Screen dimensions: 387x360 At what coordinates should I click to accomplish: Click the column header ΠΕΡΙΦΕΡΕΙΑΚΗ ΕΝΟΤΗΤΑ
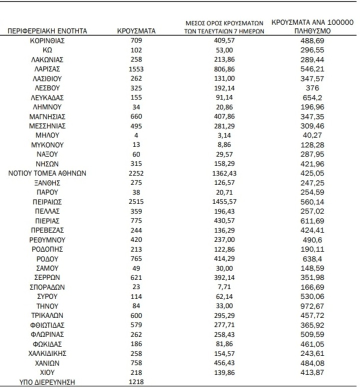tap(47, 31)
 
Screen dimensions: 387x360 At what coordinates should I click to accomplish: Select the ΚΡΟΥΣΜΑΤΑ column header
tap(136, 31)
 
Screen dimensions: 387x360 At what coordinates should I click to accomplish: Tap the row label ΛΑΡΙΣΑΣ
tap(47, 69)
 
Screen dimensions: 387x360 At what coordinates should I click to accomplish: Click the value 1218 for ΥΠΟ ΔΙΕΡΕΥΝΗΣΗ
tap(136, 382)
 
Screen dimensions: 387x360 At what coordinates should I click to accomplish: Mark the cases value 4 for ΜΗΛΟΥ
tap(136, 135)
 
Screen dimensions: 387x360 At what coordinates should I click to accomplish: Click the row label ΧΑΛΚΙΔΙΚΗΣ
tap(47, 353)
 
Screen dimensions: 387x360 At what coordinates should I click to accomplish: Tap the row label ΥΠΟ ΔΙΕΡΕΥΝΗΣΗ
tap(47, 382)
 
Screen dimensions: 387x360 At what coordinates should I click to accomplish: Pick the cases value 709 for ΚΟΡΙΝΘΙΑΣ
tap(136, 40)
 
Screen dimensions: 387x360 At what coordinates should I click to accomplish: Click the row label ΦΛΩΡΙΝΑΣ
tap(47, 334)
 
